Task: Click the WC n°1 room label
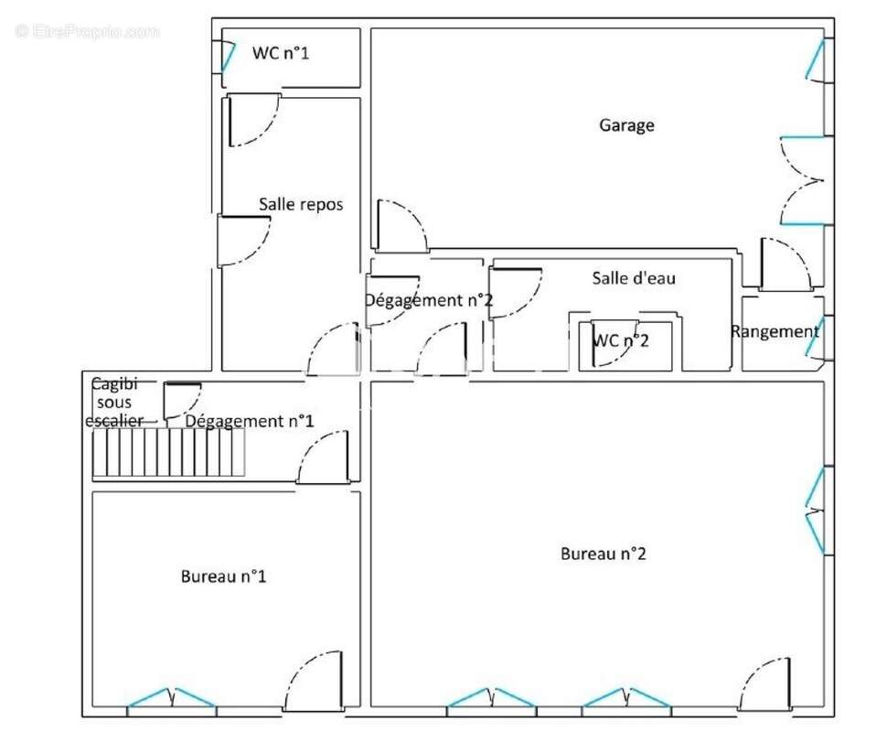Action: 281,53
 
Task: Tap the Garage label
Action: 626,124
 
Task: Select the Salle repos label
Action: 301,204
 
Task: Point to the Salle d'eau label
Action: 634,278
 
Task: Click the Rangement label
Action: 775,331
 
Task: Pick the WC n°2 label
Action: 621,340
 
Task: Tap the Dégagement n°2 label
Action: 429,300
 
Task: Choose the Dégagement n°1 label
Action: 249,421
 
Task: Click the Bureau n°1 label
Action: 223,576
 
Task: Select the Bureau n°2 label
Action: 604,554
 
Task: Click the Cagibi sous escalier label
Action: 114,402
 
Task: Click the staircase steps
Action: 168,452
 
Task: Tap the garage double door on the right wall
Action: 802,180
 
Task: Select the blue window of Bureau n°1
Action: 172,698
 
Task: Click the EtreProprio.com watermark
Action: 87,32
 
